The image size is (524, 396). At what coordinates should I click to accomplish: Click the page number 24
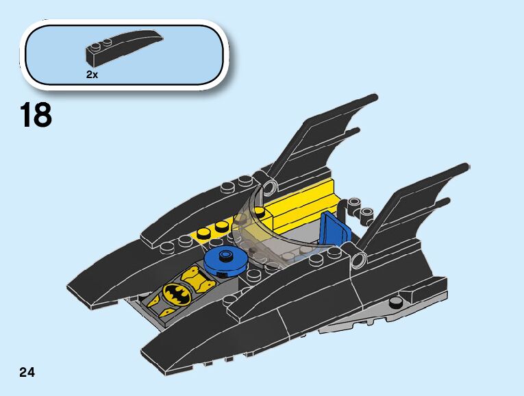click(x=27, y=373)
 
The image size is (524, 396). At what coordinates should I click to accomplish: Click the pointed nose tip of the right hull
click(x=145, y=356)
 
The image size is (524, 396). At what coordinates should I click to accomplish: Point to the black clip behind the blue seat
click(x=356, y=205)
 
